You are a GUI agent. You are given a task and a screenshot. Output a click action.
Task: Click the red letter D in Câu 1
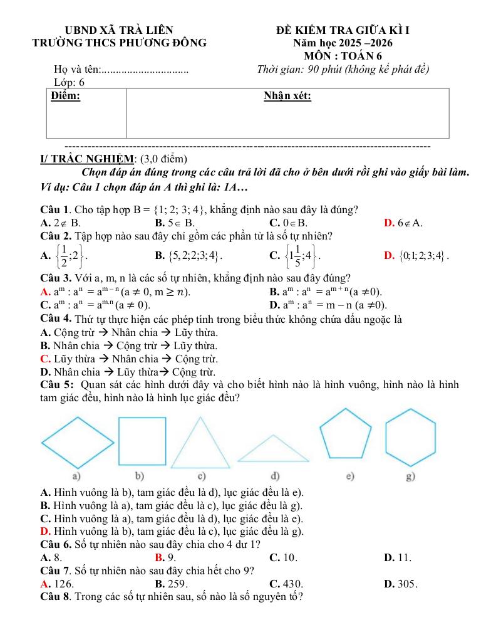[388, 223]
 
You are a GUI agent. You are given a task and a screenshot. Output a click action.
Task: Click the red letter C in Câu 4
[44, 359]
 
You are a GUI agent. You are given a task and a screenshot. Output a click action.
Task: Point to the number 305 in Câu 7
[407, 584]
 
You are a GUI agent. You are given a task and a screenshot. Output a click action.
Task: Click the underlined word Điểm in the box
[65, 96]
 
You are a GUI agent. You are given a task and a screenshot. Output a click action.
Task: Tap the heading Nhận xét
[287, 96]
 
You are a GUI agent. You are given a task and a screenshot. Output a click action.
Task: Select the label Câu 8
[54, 596]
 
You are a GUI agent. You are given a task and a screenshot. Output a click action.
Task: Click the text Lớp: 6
[70, 82]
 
